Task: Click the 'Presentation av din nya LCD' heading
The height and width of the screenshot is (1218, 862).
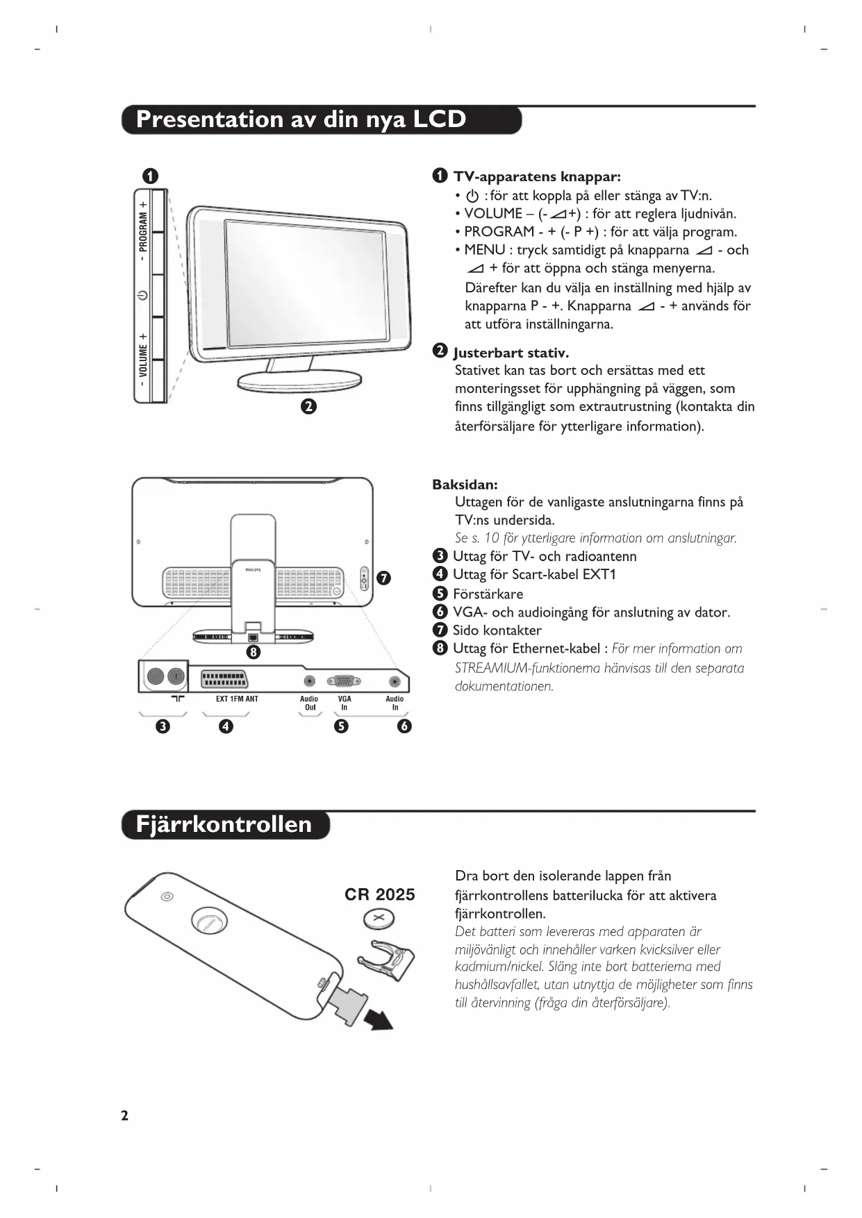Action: [x=301, y=119]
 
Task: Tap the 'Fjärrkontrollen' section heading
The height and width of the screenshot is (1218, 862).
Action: [x=224, y=824]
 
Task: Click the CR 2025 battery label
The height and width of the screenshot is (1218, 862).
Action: [x=379, y=894]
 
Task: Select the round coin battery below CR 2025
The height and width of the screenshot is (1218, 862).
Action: [x=379, y=921]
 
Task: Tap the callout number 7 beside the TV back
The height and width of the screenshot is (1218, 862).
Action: [x=383, y=578]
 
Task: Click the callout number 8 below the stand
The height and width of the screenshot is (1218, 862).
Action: [x=254, y=652]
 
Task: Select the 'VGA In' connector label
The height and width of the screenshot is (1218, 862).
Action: [x=345, y=703]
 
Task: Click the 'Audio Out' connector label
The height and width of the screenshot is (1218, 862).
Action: [x=309, y=703]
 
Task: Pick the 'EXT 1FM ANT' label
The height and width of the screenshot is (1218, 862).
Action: [x=237, y=699]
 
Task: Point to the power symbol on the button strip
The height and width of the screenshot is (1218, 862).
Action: [x=142, y=295]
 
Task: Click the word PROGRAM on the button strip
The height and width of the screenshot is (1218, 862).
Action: [x=143, y=232]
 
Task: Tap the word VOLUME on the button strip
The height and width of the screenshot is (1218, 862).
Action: [x=143, y=360]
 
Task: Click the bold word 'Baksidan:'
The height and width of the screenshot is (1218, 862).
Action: [x=465, y=485]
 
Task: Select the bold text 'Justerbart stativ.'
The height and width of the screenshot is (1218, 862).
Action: [x=511, y=353]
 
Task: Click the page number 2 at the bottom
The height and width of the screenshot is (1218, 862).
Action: [x=125, y=1116]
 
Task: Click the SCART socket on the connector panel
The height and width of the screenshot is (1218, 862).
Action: [x=224, y=679]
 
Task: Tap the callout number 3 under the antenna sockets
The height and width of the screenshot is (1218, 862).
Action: [x=163, y=726]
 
